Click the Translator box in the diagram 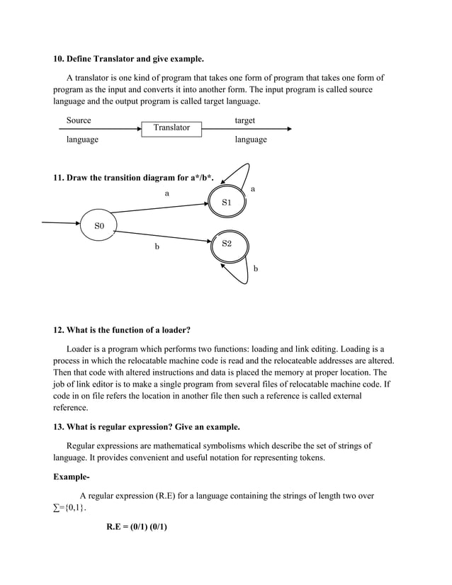[171, 128]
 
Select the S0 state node [99, 225]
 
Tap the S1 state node [227, 203]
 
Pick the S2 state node [227, 244]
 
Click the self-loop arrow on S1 [239, 174]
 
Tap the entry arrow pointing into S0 [61, 222]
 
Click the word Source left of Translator [79, 121]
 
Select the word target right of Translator [244, 121]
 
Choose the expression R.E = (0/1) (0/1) [137, 528]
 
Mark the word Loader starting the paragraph [79, 348]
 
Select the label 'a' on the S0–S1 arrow [167, 193]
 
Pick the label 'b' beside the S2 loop [256, 269]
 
